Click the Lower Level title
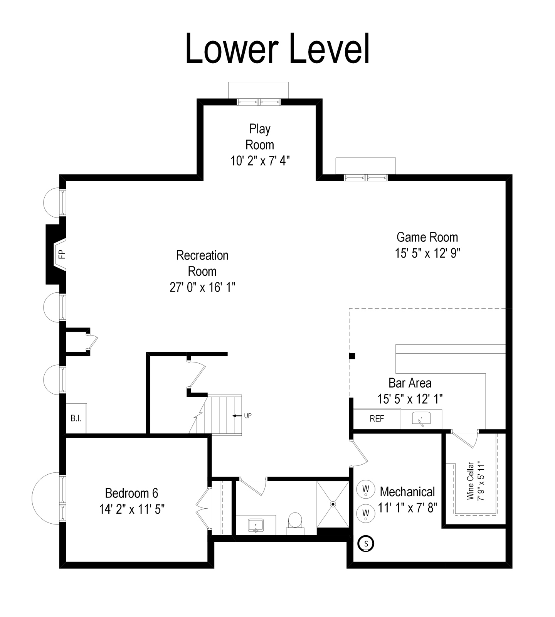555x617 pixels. coord(277,49)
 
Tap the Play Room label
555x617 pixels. coord(260,137)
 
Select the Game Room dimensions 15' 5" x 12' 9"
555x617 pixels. coord(427,253)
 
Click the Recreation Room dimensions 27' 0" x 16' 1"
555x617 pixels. coord(202,287)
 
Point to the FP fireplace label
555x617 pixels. coord(62,254)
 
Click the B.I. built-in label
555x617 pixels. coord(76,418)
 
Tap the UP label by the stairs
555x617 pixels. coord(248,416)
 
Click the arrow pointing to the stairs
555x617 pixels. coord(237,416)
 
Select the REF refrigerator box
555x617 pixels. coord(377,419)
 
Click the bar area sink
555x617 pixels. coord(421,419)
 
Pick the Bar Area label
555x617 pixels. coord(410,383)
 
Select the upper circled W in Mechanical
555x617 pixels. coord(366,489)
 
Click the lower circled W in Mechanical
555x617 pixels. coord(366,513)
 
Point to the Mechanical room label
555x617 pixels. coord(407,492)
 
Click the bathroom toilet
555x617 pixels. coord(295,523)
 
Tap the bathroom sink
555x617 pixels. coord(256,525)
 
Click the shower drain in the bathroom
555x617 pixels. coord(333,504)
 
